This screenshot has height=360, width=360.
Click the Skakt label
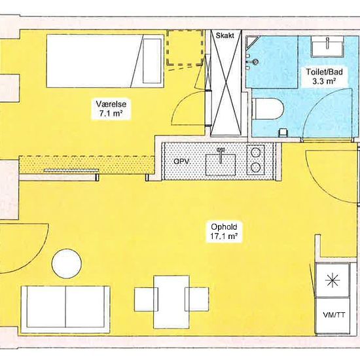tap(225, 35)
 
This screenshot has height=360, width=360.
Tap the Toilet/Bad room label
tap(324, 72)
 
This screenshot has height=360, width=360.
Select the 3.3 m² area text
tap(324, 81)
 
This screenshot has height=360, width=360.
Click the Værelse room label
tap(111, 104)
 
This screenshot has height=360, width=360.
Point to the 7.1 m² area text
tap(111, 113)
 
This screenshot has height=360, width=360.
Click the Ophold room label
tap(224, 227)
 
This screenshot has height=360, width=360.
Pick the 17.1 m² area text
tap(224, 236)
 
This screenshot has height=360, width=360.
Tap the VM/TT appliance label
tap(334, 315)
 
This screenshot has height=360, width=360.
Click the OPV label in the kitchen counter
tap(181, 162)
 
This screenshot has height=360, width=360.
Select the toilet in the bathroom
tap(268, 109)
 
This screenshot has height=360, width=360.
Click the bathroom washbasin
tap(327, 46)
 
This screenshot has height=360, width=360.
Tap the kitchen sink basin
tap(221, 164)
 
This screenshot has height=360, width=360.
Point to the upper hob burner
tap(255, 153)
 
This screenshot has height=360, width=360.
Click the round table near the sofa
tap(67, 264)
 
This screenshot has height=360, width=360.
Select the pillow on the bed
tap(152, 61)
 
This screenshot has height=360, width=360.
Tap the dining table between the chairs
tap(171, 302)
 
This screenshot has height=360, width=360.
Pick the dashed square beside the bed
tap(185, 48)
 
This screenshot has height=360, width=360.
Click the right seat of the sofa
tap(87, 307)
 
